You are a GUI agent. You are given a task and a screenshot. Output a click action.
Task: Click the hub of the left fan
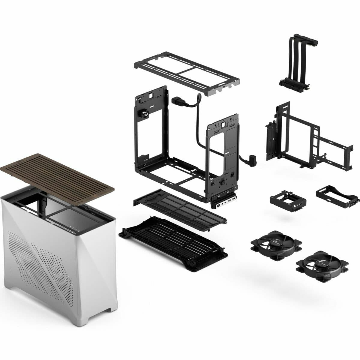point(276,243)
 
